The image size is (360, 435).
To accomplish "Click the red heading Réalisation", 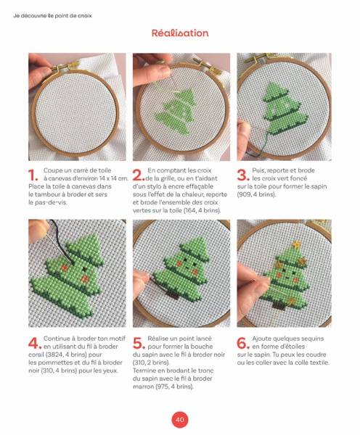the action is (180, 33).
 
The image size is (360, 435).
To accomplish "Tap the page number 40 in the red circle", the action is (180, 419).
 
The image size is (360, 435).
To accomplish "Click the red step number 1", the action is (33, 175).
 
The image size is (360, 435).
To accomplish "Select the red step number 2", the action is (138, 175).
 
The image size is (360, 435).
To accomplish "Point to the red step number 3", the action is (243, 175).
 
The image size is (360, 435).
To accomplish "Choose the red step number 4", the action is (35, 344).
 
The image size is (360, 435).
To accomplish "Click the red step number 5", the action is (139, 344).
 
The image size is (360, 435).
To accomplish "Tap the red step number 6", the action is (243, 344).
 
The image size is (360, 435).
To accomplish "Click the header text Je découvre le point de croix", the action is (52, 16).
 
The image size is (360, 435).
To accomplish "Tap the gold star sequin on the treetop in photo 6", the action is (297, 244).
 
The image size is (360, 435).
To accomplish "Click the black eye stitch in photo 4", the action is (84, 269).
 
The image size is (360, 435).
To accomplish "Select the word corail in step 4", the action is (36, 355).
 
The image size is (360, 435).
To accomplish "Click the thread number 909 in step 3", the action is (242, 194).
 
